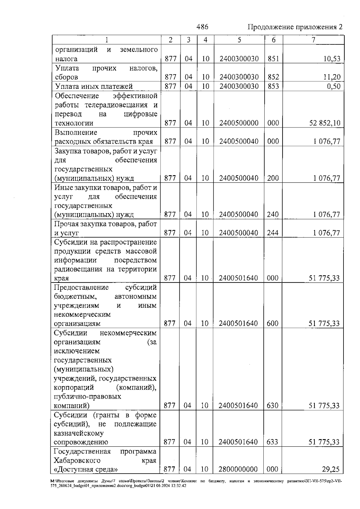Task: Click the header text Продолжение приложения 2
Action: [x=295, y=27]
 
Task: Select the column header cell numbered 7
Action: [x=313, y=40]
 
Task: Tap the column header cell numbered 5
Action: [x=239, y=40]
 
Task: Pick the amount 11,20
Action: [x=332, y=77]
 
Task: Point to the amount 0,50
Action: [x=334, y=86]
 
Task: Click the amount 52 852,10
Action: [x=325, y=123]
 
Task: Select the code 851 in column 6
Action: [x=273, y=59]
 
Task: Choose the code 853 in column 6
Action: [x=273, y=86]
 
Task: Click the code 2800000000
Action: [x=238, y=469]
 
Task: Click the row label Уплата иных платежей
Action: [x=94, y=87]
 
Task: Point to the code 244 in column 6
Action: [x=273, y=233]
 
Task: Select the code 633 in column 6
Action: [x=272, y=442]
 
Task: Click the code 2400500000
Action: [x=239, y=123]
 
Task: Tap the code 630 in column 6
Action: [x=272, y=406]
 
